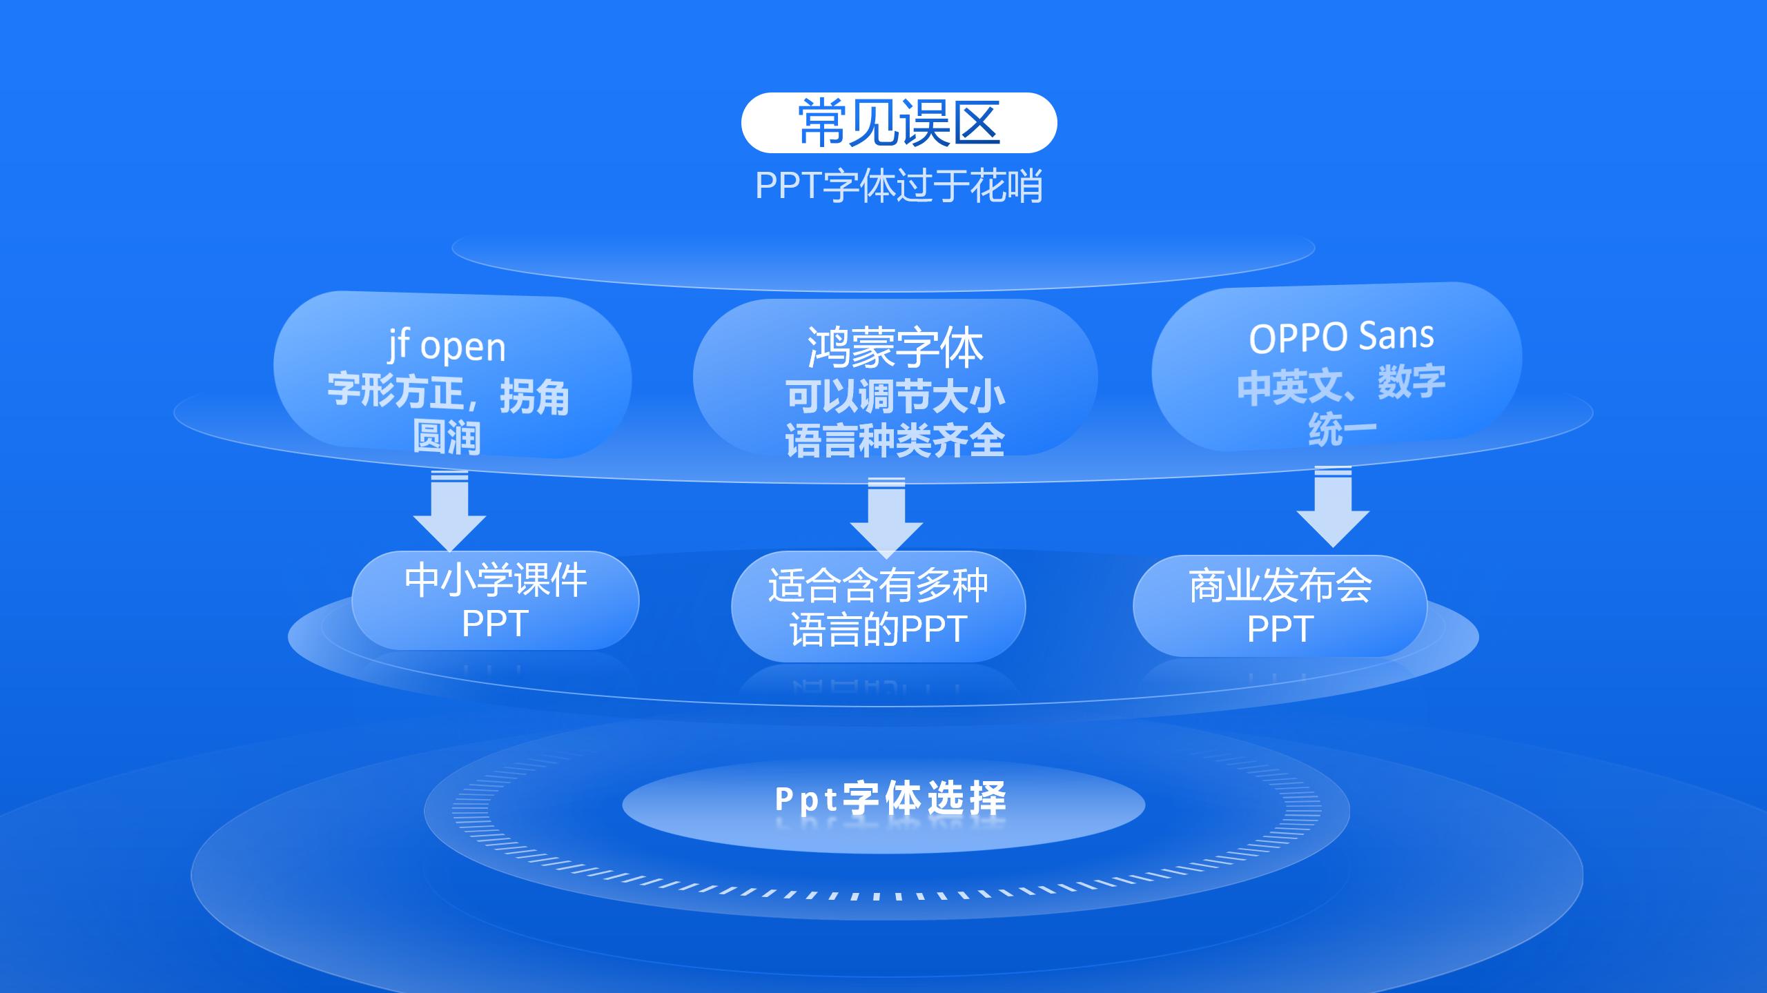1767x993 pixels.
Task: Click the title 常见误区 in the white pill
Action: tap(899, 123)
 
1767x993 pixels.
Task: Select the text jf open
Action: tap(447, 346)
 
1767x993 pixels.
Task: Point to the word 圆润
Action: tap(447, 437)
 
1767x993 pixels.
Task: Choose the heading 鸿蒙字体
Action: tap(895, 348)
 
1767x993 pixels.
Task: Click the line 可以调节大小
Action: tap(895, 396)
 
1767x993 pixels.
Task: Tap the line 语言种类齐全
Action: tap(895, 441)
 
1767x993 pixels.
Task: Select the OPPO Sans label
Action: tap(1341, 337)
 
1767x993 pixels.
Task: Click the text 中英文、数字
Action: tap(1341, 384)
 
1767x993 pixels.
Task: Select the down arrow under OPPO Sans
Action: tap(1333, 508)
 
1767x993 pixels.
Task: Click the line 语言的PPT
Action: tap(878, 629)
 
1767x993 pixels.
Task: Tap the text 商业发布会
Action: tap(1280, 586)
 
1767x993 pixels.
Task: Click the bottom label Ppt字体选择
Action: tap(890, 799)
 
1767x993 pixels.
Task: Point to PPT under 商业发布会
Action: tap(1280, 629)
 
